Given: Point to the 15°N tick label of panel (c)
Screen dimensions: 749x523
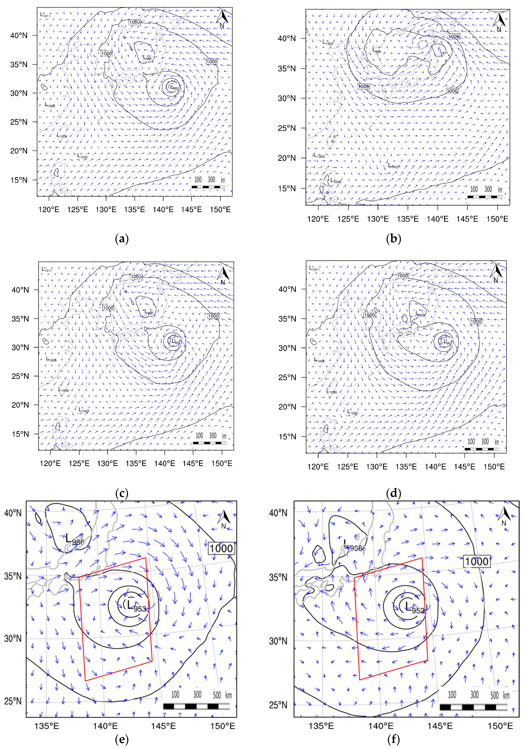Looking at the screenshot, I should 20,434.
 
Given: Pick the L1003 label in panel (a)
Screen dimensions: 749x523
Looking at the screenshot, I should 82,156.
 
